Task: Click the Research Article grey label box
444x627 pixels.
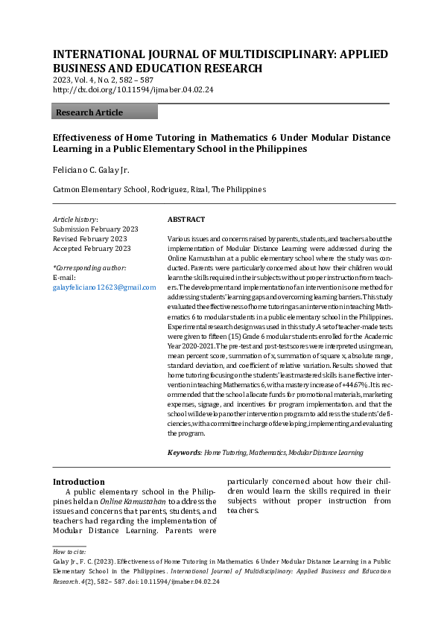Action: click(x=105, y=112)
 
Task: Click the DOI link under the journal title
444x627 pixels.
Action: click(x=133, y=89)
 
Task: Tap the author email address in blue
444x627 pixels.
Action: click(x=104, y=287)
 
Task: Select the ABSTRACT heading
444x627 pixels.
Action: click(x=186, y=220)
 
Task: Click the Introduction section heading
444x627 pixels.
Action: click(x=78, y=482)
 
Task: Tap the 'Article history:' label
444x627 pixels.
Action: click(x=75, y=220)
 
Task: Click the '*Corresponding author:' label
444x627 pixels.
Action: click(x=89, y=267)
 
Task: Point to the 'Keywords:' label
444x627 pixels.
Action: click(x=184, y=452)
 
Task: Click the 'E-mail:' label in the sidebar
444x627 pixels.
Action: click(x=66, y=277)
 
